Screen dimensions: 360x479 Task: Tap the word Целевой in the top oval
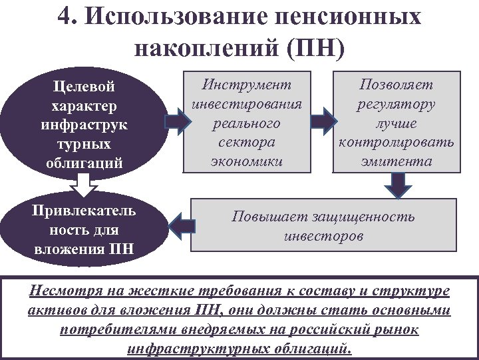click(x=84, y=87)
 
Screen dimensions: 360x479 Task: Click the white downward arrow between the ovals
click(x=82, y=185)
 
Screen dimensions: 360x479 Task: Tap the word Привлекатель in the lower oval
click(x=84, y=211)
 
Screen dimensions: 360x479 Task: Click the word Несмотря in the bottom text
click(x=61, y=291)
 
